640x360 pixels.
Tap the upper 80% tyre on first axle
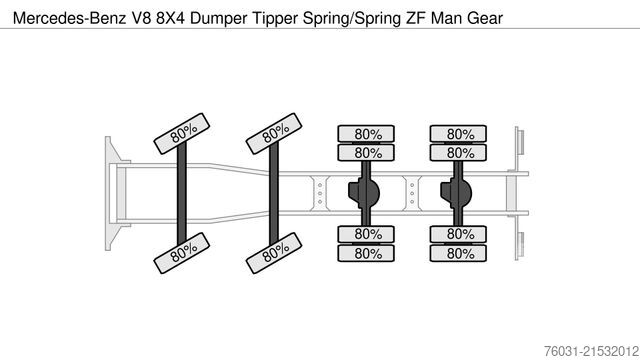tap(181, 135)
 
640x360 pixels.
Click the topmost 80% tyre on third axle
tap(368, 134)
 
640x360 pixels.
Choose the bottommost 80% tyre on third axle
tap(368, 252)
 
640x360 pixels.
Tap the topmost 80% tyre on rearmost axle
tap(460, 134)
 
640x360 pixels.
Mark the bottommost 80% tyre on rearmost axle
tap(460, 252)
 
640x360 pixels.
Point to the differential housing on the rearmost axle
tap(454, 192)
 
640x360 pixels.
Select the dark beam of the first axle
tap(182, 193)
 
